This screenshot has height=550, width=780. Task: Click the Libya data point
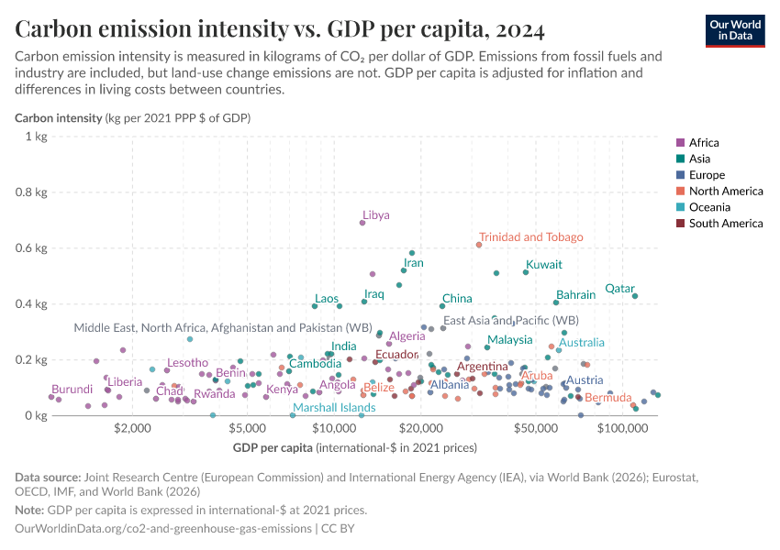point(362,223)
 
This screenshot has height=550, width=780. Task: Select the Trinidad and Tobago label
point(530,236)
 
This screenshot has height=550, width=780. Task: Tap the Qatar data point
point(635,295)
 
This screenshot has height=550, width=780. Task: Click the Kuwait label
point(543,264)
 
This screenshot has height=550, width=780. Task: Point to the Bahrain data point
point(556,302)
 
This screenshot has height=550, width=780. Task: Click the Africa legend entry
point(704,142)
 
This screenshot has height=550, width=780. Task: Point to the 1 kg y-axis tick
point(36,137)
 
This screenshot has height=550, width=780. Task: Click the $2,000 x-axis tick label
point(134,428)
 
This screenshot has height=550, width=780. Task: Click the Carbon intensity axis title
point(132,118)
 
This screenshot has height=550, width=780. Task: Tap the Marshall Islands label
point(334,407)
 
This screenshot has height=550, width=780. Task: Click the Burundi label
point(72,390)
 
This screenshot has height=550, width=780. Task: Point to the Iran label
point(413,262)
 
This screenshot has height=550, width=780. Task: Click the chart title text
point(280,29)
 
